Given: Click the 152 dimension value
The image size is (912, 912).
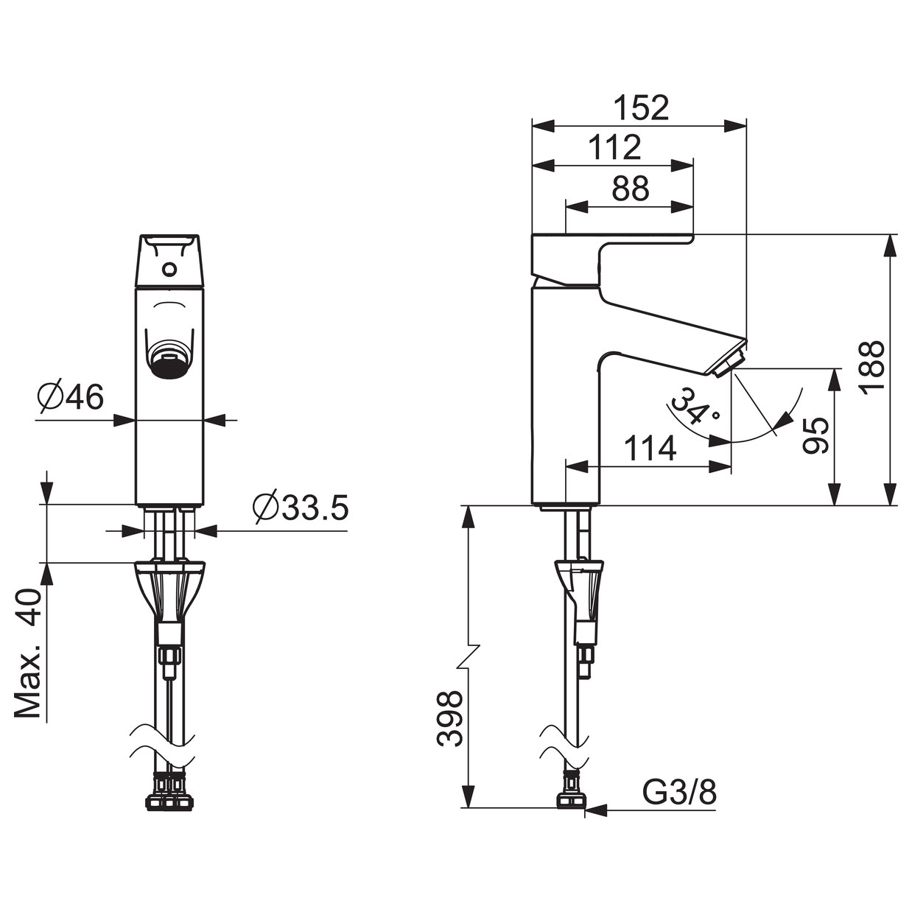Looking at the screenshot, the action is [642, 108].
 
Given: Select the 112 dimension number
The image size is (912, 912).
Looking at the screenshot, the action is [615, 147].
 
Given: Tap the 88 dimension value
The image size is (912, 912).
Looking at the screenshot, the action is [631, 189].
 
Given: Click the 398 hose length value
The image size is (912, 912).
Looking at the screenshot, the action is [450, 718].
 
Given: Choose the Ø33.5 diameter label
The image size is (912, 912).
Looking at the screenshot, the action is [301, 508].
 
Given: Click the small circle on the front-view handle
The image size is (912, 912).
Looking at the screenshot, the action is [169, 270].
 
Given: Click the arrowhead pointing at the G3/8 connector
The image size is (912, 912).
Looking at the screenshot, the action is [596, 811].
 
